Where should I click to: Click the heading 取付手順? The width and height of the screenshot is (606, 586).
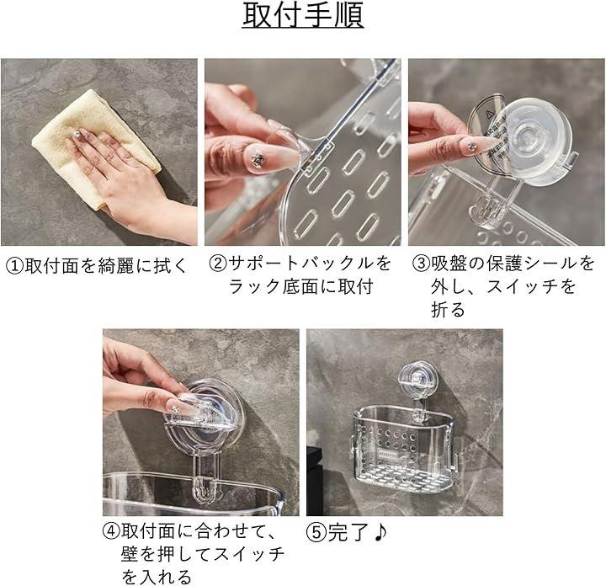pyautogui.click(x=303, y=15)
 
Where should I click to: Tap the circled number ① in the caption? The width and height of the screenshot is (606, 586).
pyautogui.click(x=15, y=266)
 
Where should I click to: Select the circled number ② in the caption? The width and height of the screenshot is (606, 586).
pyautogui.click(x=218, y=264)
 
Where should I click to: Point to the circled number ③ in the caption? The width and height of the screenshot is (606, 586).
pyautogui.click(x=422, y=264)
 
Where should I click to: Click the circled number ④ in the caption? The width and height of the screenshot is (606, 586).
pyautogui.click(x=112, y=531)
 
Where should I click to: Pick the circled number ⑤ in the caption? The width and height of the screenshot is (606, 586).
pyautogui.click(x=316, y=532)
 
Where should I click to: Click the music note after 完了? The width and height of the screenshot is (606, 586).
pyautogui.click(x=380, y=532)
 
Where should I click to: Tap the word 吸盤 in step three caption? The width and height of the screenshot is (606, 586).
pyautogui.click(x=449, y=264)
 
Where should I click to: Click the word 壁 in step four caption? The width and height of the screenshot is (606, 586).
pyautogui.click(x=130, y=554)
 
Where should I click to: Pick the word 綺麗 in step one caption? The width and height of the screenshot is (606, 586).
pyautogui.click(x=116, y=266)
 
